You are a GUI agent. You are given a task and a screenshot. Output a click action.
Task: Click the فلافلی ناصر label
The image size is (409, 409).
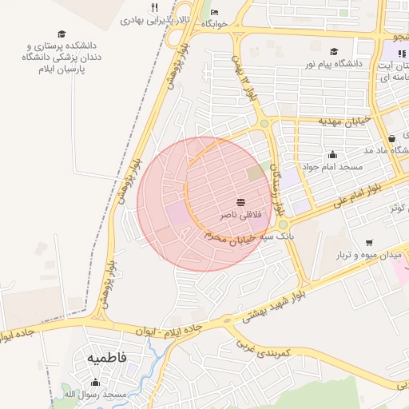tap(239, 216)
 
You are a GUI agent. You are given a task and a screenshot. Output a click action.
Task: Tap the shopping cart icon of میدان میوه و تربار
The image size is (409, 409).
tap(368, 242)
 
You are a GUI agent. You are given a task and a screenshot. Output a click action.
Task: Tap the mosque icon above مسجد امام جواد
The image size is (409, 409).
tap(332, 154)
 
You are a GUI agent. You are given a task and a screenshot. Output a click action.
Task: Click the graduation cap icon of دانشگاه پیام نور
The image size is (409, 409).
tap(333, 51)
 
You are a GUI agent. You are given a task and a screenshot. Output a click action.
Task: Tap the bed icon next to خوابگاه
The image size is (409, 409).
tap(214, 12)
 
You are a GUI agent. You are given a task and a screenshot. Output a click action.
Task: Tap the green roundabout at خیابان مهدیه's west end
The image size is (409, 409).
tap(264, 123)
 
